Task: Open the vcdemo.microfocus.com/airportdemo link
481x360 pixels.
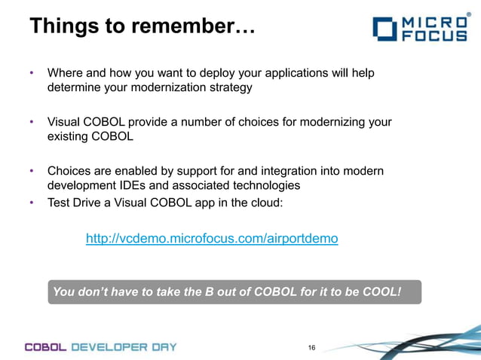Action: click(x=212, y=239)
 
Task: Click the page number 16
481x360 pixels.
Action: click(x=312, y=347)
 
